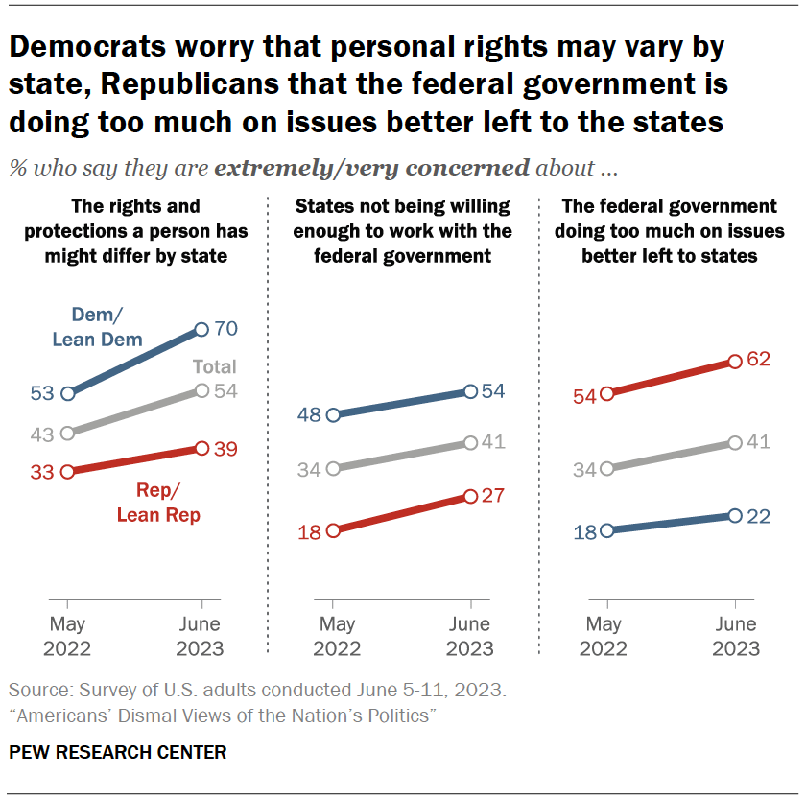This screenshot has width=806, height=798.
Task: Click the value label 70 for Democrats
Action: (225, 329)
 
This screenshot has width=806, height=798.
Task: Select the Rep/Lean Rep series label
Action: (158, 504)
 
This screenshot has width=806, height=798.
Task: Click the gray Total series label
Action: (214, 366)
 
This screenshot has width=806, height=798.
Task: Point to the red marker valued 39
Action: (201, 448)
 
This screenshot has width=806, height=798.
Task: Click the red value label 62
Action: (759, 361)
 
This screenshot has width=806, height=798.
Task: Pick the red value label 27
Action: (492, 496)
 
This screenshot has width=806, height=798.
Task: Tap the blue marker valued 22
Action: (735, 516)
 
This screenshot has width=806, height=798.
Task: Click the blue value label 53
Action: (42, 393)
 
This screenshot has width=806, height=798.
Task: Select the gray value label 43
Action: (42, 434)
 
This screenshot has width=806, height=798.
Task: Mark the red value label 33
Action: (42, 472)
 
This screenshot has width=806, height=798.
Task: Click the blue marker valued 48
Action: (333, 415)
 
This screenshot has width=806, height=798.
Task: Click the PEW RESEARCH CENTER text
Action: (118, 753)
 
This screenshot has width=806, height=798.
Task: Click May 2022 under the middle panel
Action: (333, 636)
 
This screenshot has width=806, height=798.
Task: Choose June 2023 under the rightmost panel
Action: (735, 636)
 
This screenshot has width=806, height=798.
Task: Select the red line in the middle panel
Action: (401, 513)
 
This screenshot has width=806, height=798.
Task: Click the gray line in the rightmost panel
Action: (670, 457)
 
